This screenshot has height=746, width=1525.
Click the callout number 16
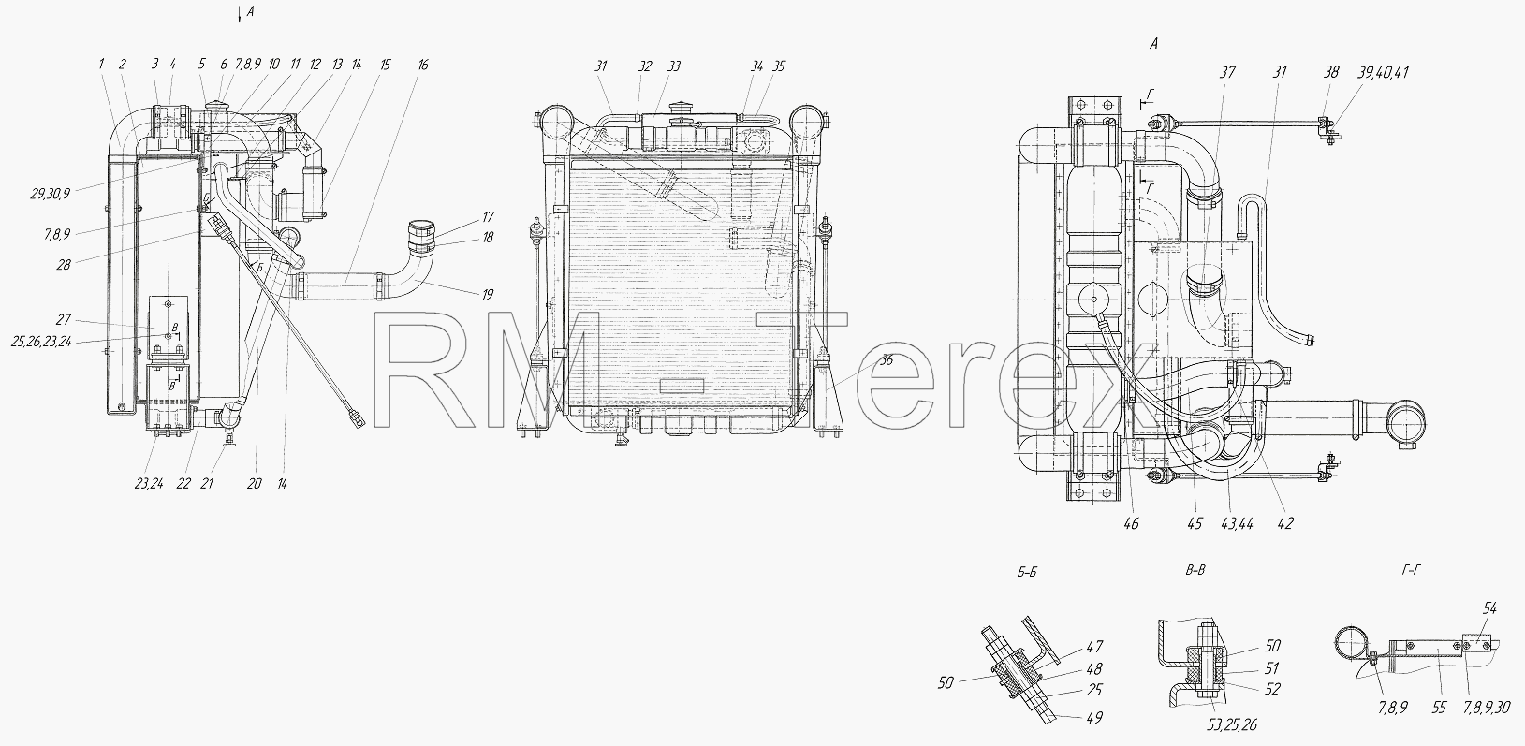(423, 65)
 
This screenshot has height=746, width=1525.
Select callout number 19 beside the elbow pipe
(488, 295)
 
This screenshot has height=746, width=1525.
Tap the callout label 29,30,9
(50, 194)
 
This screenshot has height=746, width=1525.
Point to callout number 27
(64, 319)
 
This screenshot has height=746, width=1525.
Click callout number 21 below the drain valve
(207, 483)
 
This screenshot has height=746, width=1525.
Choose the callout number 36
(886, 360)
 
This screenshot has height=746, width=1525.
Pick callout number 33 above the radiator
(673, 66)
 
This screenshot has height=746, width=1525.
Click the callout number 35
(779, 66)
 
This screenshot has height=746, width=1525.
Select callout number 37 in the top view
(1227, 72)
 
